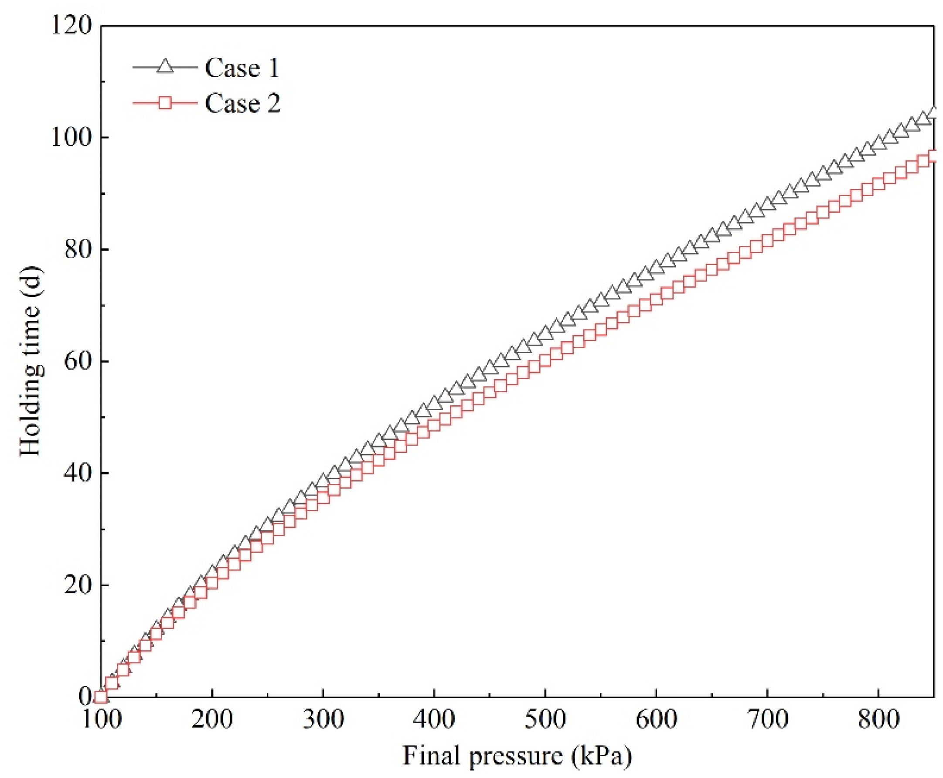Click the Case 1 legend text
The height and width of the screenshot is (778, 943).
pyautogui.click(x=242, y=68)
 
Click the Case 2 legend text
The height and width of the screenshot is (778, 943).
pyautogui.click(x=242, y=104)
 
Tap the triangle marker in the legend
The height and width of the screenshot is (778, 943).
pyautogui.click(x=165, y=67)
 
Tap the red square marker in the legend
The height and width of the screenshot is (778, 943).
pyautogui.click(x=165, y=103)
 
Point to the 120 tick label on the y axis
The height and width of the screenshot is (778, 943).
pyautogui.click(x=71, y=26)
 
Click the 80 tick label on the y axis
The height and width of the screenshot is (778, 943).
pyautogui.click(x=77, y=250)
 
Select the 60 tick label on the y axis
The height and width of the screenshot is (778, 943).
pyautogui.click(x=77, y=362)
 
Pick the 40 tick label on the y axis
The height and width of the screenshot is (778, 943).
pyautogui.click(x=77, y=473)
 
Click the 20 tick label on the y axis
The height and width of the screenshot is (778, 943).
pyautogui.click(x=77, y=585)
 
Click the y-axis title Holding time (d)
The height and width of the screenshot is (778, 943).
pyautogui.click(x=31, y=361)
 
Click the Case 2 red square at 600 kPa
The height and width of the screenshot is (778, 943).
pyautogui.click(x=656, y=299)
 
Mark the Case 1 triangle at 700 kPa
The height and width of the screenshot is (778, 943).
pyautogui.click(x=767, y=204)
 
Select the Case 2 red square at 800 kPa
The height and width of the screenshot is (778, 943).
pyautogui.click(x=878, y=184)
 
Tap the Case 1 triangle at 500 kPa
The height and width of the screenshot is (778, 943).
pyautogui.click(x=545, y=333)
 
